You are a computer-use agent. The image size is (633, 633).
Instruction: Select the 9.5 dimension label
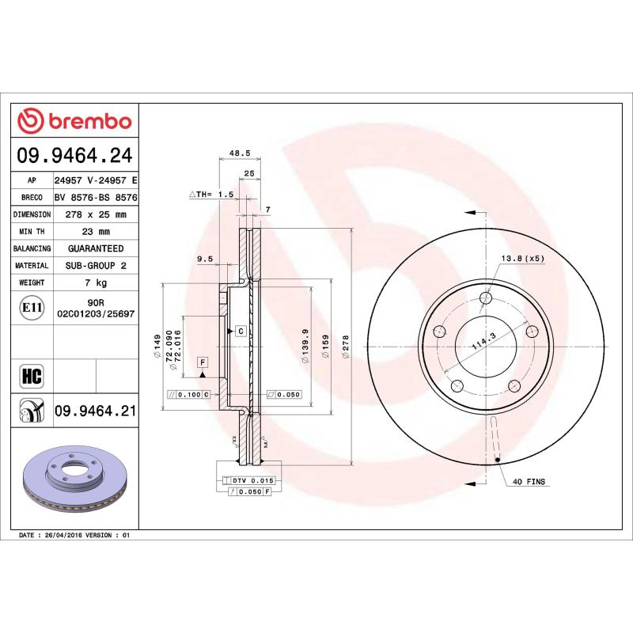click(x=205, y=259)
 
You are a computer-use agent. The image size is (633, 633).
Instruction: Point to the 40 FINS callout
click(x=529, y=481)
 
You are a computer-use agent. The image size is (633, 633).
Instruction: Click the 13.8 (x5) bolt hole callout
click(x=522, y=259)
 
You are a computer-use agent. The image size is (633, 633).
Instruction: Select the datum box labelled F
click(x=203, y=362)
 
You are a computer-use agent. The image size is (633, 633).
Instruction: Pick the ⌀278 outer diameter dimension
click(x=345, y=346)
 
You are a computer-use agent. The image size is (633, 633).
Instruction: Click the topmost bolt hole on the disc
click(x=485, y=298)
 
